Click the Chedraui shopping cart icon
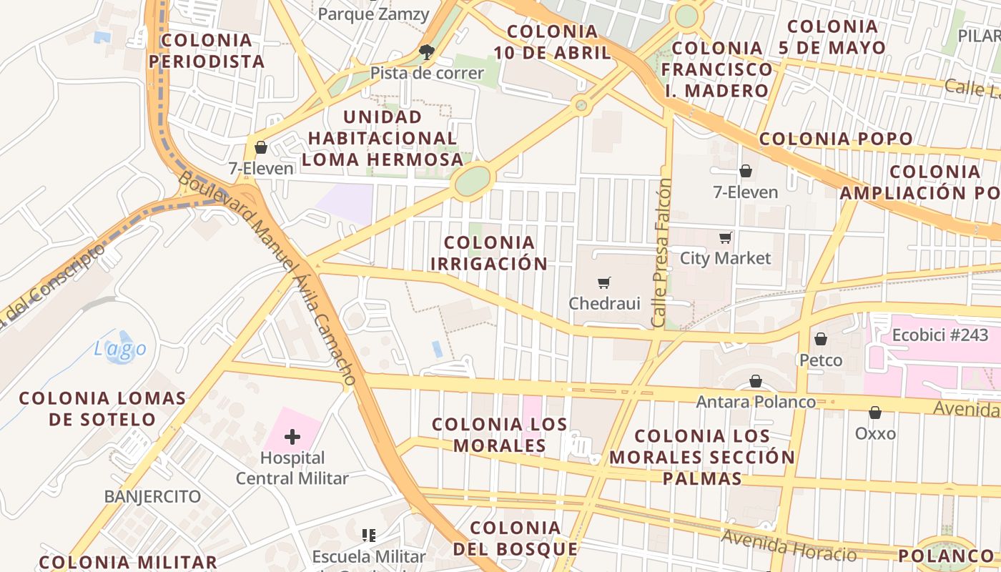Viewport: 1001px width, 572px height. [x=605, y=283]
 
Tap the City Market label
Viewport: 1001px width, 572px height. [x=725, y=258]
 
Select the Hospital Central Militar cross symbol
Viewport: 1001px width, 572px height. [x=292, y=436]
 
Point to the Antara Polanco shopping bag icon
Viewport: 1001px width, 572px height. [x=756, y=382]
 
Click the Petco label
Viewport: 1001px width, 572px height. [x=820, y=360]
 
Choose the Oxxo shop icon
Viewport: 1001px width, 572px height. [x=874, y=413]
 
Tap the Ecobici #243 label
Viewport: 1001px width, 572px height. [x=940, y=335]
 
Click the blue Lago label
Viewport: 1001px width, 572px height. [x=120, y=349]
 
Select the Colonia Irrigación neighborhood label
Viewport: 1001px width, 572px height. [x=489, y=253]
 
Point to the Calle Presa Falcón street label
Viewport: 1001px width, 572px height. [x=661, y=252]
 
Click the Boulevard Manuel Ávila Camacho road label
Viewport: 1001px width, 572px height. [x=269, y=279]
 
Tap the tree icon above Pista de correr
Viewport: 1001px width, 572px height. [x=427, y=51]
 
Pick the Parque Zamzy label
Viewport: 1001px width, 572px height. [x=373, y=14]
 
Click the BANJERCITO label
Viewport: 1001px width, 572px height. [x=152, y=496]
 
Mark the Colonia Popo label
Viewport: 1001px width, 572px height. [x=836, y=139]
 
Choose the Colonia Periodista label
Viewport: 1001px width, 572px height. [x=207, y=51]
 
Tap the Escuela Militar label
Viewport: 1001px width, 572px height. [x=368, y=556]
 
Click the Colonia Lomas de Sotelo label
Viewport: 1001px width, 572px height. [x=102, y=408]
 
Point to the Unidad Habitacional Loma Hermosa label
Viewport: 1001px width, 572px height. [x=383, y=138]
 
